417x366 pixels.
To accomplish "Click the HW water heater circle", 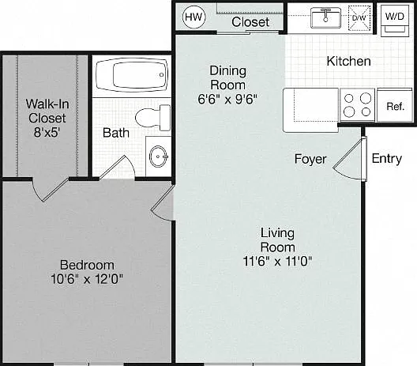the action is tap(193, 17).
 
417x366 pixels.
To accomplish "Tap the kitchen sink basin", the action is tap(325, 18).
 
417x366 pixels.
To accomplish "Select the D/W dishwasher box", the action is tap(359, 18).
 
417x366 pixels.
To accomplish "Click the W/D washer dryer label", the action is tap(395, 17).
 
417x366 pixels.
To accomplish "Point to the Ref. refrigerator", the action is tap(395, 106).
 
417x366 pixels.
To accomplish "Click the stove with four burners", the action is tap(358, 105).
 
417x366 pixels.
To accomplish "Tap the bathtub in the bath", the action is tap(132, 75).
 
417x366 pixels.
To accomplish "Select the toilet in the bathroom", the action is tap(153, 118).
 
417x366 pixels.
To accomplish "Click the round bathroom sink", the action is tap(159, 157).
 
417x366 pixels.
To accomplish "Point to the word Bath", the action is tap(116, 133).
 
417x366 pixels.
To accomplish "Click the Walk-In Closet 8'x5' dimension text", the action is tap(47, 132).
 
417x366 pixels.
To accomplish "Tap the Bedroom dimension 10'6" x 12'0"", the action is tap(87, 279).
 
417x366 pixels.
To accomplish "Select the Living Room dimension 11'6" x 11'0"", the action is tap(277, 261).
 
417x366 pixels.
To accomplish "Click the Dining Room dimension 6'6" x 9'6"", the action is tap(227, 100).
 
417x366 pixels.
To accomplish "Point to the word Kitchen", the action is tap(348, 61).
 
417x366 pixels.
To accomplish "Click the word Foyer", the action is tap(310, 159).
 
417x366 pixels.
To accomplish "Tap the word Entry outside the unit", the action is tap(387, 159).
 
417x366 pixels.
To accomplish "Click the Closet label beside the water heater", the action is tap(250, 22).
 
